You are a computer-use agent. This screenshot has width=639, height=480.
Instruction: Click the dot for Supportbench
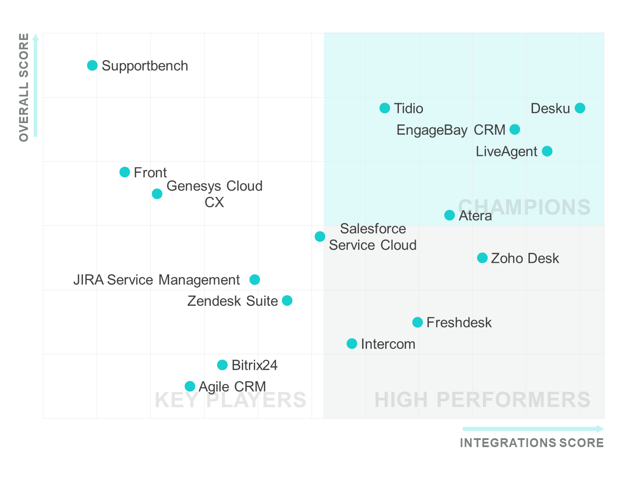pos(92,66)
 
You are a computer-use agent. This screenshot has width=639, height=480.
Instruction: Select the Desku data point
pos(580,108)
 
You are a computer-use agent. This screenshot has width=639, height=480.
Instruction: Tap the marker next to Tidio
pos(385,108)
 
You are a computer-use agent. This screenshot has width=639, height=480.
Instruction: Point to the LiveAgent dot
pos(547,151)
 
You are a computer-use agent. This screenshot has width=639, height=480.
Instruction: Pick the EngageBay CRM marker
pos(515,129)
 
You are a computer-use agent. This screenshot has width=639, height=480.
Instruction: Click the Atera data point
pos(450,215)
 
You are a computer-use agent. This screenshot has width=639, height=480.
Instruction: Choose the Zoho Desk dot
pos(482,258)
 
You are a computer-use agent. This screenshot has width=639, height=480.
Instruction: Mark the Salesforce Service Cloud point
pos(320,236)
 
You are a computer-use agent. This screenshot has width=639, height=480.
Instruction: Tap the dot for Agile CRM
pos(190,386)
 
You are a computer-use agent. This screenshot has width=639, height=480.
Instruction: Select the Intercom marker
pos(352,344)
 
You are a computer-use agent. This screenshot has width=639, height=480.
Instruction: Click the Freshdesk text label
pos(459,322)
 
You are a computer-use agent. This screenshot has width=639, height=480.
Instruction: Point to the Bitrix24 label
pos(254,365)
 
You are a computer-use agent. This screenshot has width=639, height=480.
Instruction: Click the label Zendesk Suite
pos(233,301)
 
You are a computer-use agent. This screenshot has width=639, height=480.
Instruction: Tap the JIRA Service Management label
pos(156,280)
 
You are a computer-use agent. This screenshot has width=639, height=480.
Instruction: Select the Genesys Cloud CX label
pos(214,194)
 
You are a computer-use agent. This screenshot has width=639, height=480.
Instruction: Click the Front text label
pos(150,172)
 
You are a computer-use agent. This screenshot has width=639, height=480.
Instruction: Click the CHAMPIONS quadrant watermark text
pos(524,207)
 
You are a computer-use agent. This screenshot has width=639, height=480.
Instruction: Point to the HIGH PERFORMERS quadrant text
pos(482,400)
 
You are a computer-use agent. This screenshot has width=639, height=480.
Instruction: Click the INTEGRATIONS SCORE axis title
pos(532,443)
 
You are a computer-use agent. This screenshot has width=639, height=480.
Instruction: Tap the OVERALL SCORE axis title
pos(24,87)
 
